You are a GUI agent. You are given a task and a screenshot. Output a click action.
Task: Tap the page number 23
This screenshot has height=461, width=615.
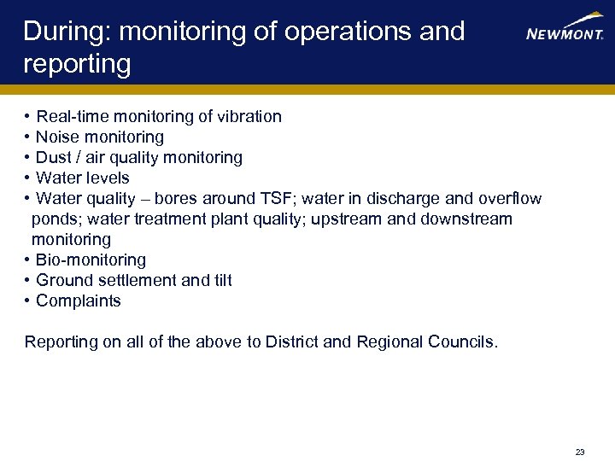[x=580, y=452]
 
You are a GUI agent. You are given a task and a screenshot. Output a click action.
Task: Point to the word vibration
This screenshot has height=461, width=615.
[x=249, y=116]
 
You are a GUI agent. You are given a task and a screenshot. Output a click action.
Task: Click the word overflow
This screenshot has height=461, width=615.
[x=510, y=198]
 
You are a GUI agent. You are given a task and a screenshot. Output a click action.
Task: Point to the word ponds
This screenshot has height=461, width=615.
[x=55, y=219]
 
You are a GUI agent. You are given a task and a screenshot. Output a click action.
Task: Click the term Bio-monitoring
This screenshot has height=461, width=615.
[x=91, y=260]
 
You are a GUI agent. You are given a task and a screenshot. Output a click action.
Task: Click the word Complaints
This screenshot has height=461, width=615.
[x=78, y=301]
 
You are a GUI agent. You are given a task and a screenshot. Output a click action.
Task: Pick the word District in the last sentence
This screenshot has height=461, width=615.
[x=291, y=341]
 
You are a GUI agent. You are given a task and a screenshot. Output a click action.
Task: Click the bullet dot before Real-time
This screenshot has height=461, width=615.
[x=28, y=116]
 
